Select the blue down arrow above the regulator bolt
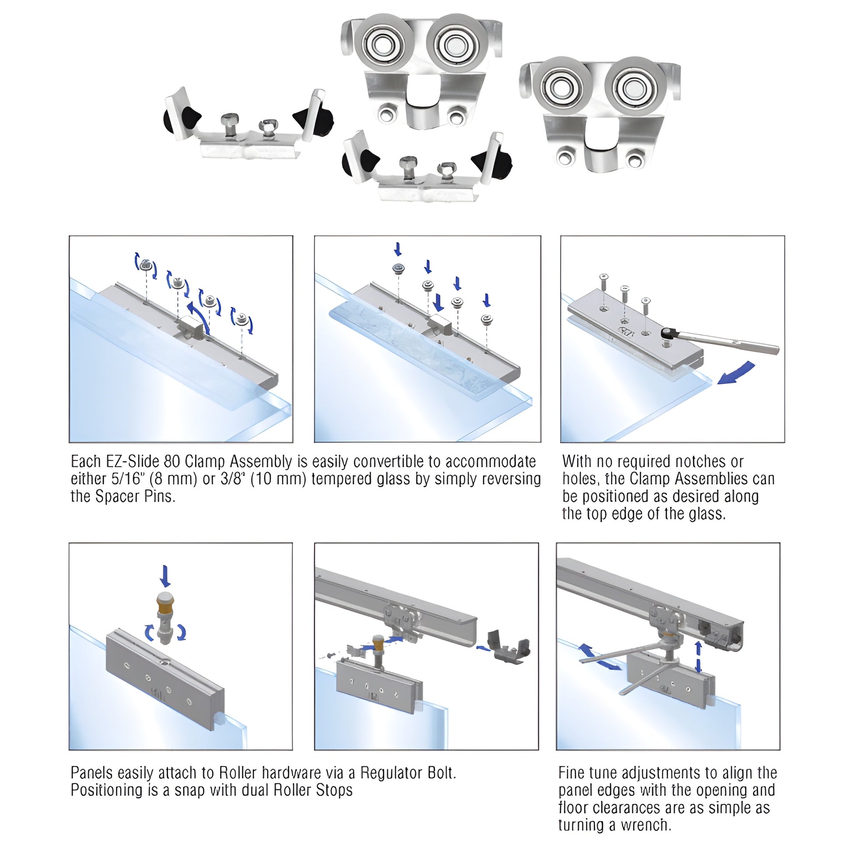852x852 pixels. tap(165, 576)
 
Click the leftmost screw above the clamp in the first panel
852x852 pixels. tap(145, 265)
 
